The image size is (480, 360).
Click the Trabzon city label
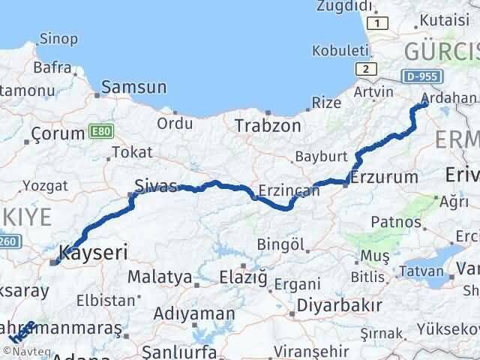[268, 125]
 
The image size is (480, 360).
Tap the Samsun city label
[134, 87]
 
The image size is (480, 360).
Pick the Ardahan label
[449, 97]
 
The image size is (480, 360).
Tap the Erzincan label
[288, 191]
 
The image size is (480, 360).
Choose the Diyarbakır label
[339, 305]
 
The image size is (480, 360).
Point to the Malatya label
[159, 277]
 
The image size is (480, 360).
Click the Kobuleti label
[341, 51]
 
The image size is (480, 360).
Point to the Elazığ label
[243, 277]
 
